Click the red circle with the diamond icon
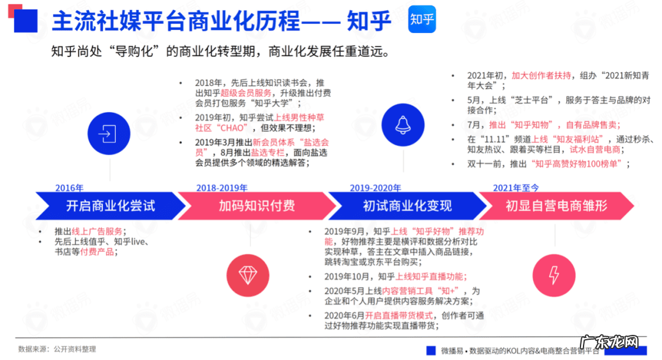tap(248, 275)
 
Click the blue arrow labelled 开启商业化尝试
tap(107, 206)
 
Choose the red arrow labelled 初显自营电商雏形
tap(555, 206)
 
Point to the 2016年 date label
tap(69, 188)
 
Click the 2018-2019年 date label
tap(222, 188)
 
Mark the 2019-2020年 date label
tap(375, 188)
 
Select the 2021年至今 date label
tap(517, 188)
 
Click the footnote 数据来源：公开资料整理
tap(57, 349)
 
